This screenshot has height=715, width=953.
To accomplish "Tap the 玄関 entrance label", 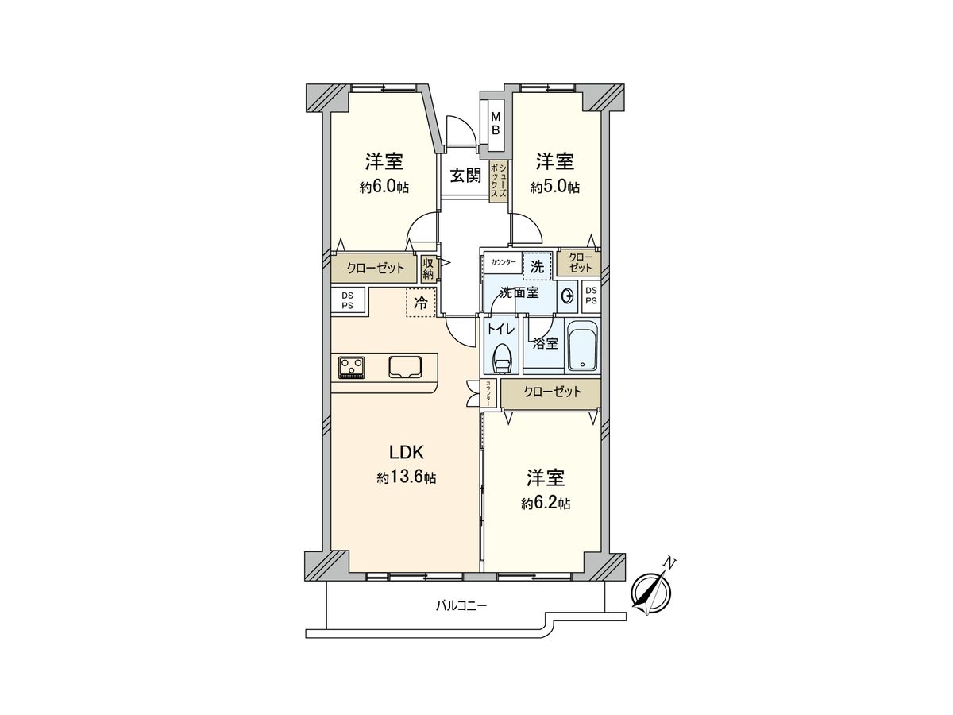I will pos(466,176).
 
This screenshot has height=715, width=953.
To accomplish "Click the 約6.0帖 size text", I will pos(384,188).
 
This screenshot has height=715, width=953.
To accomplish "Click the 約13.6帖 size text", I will pos(407,478).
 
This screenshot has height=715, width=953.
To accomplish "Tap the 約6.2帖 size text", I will pos(546,504).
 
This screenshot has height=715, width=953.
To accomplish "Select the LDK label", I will pos(407,453).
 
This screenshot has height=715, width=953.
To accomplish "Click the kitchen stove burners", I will pos(352,367).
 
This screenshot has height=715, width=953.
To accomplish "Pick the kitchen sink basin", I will pos(407,367).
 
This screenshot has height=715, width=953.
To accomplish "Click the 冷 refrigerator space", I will pos(422,303).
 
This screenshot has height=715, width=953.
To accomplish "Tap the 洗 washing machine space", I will pos(537,267).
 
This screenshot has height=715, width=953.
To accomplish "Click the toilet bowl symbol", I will pos(503,359).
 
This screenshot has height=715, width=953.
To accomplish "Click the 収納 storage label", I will pos(429,269).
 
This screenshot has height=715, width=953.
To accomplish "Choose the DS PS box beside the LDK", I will pos(347,300).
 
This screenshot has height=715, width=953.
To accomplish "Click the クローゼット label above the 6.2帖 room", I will pos(551,392).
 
